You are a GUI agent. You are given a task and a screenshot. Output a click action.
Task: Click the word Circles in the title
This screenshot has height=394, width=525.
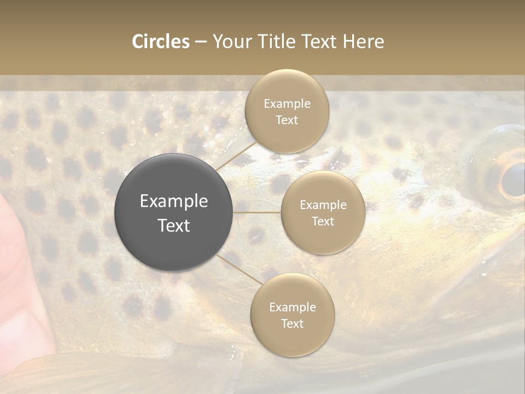161,42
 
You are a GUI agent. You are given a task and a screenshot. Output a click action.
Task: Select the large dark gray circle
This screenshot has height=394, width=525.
173,212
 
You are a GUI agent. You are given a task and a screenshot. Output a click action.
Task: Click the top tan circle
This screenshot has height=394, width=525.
287,111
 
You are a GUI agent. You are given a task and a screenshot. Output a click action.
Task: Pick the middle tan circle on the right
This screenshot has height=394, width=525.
323,212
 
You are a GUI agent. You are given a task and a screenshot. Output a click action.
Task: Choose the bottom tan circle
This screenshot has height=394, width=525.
292,315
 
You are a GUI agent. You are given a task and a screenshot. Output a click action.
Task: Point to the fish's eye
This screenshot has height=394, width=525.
512,179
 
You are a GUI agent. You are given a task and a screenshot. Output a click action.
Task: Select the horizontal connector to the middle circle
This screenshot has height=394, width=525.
257,212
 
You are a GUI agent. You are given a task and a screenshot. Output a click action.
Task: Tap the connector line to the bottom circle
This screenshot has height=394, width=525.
239,269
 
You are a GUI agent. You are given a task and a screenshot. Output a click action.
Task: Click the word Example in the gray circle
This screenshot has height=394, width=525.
173,201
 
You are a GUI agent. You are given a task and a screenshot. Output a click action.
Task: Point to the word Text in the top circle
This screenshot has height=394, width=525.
287,120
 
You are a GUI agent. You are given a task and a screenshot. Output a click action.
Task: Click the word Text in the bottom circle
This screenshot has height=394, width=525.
292,323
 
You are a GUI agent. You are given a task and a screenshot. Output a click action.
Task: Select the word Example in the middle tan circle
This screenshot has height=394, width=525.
323,205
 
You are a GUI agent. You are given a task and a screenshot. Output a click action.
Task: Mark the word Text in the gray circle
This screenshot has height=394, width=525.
173,225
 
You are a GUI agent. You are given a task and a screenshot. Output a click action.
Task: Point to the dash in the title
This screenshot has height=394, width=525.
201,42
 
